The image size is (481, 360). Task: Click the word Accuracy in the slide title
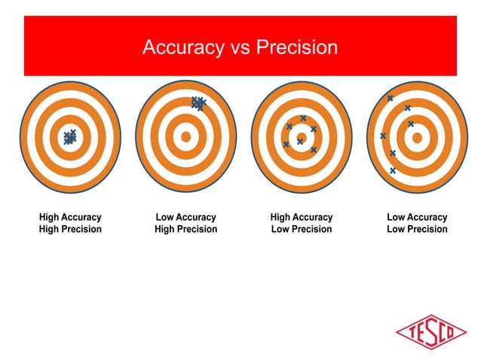pos(179,48)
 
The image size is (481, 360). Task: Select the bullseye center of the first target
pos(70,137)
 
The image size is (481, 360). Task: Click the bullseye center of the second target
pos(185,137)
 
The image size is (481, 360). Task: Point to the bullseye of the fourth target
pos(417,137)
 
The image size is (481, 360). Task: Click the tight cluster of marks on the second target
pos(198,103)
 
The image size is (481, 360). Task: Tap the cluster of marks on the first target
pos(70,136)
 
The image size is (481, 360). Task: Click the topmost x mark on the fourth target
pos(390,99)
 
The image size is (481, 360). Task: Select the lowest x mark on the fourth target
pos(393,170)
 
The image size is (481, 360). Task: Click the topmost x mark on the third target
pos(303,118)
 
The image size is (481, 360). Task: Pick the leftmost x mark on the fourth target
pos(383,136)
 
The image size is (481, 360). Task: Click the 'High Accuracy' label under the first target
pos(70,217)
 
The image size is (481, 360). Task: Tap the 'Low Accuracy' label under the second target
pos(185,217)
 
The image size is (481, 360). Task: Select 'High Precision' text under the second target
pos(185,229)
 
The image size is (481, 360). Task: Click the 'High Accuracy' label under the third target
pos(301,217)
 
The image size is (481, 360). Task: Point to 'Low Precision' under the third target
pos(301,229)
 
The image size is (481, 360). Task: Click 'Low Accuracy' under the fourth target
pos(417,217)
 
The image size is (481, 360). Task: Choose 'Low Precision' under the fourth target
pos(417,229)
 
